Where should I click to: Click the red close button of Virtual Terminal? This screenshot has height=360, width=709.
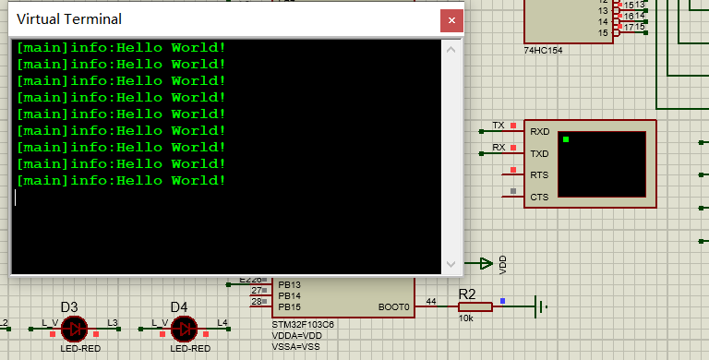(451, 19)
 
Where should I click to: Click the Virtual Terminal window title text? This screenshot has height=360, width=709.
(69, 19)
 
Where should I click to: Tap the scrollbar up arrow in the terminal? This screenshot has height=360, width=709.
(452, 49)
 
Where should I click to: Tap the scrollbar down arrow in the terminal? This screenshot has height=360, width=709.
(452, 264)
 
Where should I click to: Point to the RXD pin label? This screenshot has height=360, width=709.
(539, 132)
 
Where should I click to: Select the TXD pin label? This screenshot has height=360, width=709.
(539, 153)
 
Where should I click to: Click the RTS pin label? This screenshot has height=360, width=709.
(539, 175)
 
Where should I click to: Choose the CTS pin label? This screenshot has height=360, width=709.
(539, 197)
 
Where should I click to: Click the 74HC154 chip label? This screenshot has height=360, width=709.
(543, 50)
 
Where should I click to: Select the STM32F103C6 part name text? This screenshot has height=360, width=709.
(303, 325)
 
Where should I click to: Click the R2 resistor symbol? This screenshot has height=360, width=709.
(475, 307)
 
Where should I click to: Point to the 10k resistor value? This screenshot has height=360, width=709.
(467, 318)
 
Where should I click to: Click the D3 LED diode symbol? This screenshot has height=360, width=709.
(73, 328)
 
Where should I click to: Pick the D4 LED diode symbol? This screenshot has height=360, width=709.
(184, 328)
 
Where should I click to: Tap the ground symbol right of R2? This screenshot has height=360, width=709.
(540, 307)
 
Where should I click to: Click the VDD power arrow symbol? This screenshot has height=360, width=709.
(482, 263)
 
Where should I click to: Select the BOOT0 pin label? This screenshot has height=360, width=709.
(392, 306)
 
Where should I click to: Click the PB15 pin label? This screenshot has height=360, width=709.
(289, 306)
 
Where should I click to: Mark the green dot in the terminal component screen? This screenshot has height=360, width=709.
(566, 139)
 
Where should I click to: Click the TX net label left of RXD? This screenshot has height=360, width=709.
(499, 125)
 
